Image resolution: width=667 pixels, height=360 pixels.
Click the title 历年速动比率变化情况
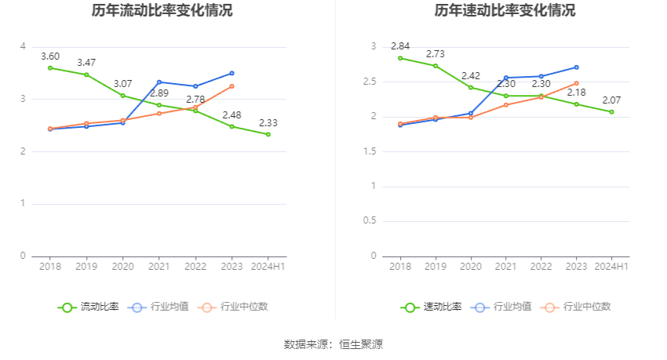click(505, 11)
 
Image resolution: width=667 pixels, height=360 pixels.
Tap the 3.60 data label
click(50, 56)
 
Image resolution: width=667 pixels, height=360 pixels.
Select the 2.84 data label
click(400, 46)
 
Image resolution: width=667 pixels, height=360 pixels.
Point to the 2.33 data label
click(268, 122)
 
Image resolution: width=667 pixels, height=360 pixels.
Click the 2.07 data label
click(611, 100)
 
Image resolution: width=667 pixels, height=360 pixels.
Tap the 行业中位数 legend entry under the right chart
click(586, 307)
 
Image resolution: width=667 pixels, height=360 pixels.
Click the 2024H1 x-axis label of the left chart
click(268, 267)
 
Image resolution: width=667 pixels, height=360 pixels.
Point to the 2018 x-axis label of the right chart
click(400, 267)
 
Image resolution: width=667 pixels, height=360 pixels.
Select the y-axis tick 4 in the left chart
click(24, 47)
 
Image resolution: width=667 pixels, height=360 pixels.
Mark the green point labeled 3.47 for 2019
click(86, 75)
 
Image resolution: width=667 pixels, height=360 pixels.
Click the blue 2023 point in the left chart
click(231, 73)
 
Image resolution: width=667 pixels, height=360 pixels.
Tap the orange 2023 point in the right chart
click(576, 83)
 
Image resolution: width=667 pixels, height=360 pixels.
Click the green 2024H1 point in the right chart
click(611, 112)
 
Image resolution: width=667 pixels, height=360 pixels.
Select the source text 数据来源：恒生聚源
click(333, 344)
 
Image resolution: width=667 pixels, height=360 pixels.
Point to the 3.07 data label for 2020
click(122, 84)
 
